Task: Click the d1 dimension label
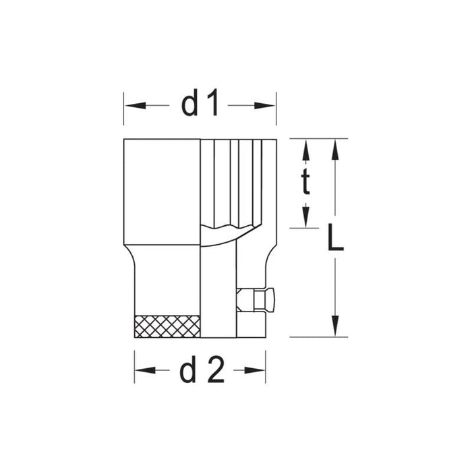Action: click(200, 105)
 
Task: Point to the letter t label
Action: click(305, 182)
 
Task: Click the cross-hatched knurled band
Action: click(168, 326)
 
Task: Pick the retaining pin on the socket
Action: click(256, 299)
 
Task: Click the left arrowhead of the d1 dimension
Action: click(129, 105)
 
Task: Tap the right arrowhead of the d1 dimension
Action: click(270, 105)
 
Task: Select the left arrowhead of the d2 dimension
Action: click(140, 370)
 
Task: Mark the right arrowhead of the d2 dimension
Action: click(260, 370)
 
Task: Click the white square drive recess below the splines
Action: click(218, 290)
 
